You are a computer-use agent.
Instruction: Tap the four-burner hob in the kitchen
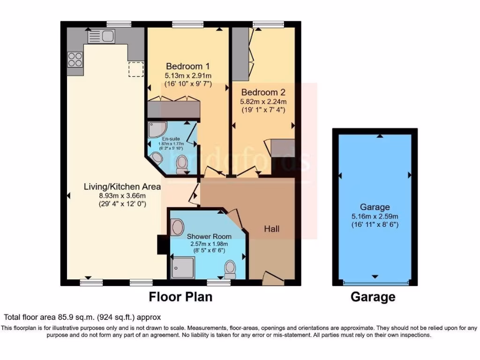(x=75, y=60)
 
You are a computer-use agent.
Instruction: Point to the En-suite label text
(x=170, y=139)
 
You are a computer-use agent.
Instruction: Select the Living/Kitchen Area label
(x=122, y=187)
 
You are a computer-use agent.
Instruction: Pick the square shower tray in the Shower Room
(x=182, y=267)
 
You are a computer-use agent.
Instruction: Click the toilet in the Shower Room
(x=230, y=269)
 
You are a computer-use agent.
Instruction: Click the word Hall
(x=272, y=229)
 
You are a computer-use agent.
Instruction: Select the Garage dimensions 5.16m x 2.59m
(x=375, y=216)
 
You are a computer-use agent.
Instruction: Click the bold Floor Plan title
(x=180, y=297)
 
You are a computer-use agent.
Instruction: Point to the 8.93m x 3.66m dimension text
(x=122, y=195)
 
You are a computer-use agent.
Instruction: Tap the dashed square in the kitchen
(x=136, y=69)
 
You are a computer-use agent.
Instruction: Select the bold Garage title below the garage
(x=373, y=297)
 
